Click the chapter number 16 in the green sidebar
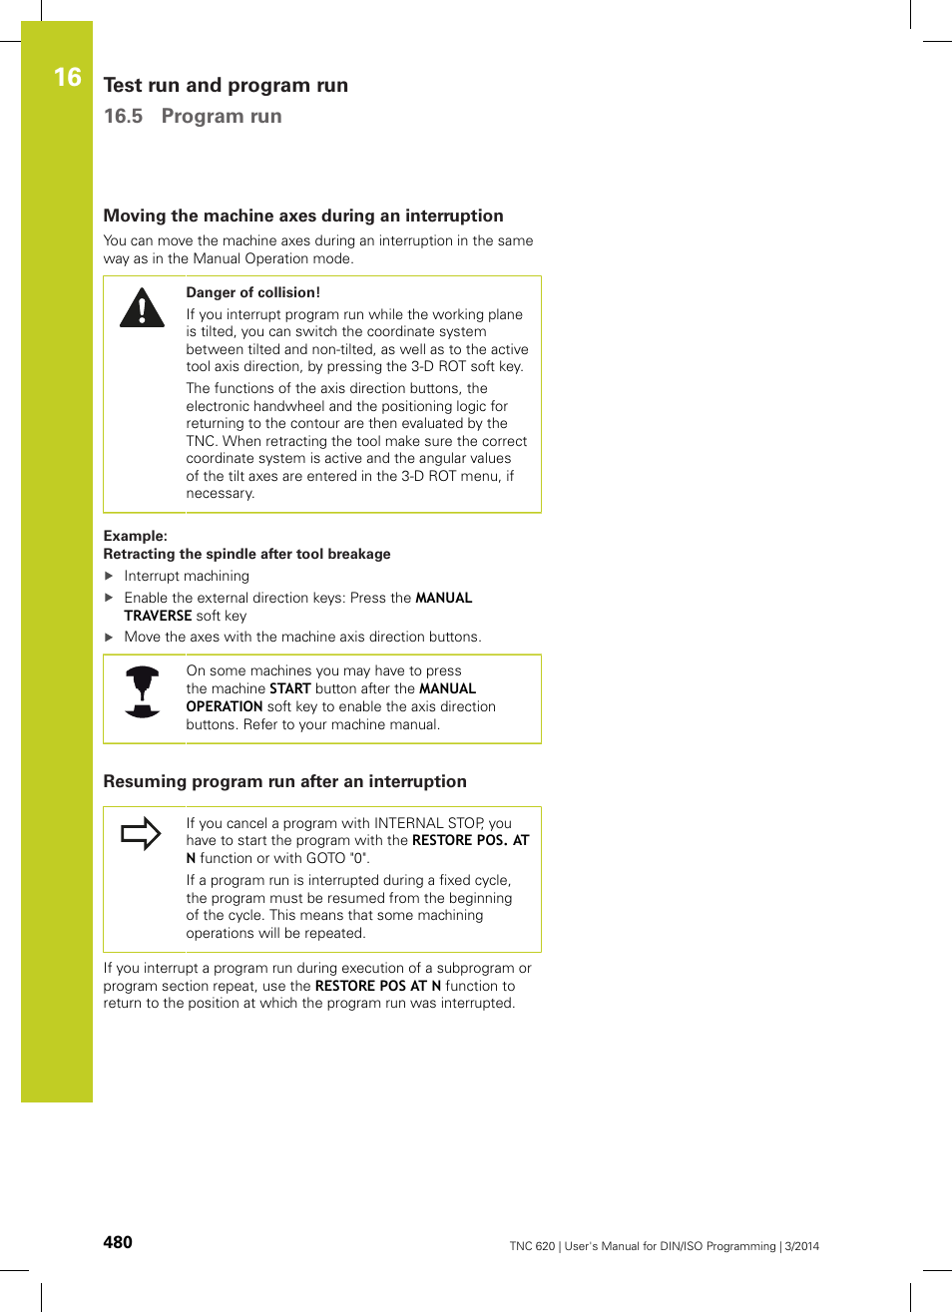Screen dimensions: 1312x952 tap(67, 77)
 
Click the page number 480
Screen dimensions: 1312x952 tap(118, 1242)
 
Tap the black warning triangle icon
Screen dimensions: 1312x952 tap(142, 309)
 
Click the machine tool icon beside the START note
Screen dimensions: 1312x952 tap(143, 692)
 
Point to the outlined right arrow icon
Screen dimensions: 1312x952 tap(141, 833)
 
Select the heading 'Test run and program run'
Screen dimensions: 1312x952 tap(226, 85)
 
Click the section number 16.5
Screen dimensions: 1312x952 tap(123, 116)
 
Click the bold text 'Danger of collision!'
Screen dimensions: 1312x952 tap(252, 292)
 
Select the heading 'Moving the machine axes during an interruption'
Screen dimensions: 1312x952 tap(303, 216)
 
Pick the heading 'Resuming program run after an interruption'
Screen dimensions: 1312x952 tap(284, 781)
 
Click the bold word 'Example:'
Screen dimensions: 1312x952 tap(135, 536)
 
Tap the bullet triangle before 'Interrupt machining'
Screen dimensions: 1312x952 tap(110, 576)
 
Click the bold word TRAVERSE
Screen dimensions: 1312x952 tap(158, 616)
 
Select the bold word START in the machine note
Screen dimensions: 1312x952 tap(289, 688)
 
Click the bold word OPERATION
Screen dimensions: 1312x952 tap(225, 706)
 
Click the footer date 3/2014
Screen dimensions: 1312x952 tap(801, 1246)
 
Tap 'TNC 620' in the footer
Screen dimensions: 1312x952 tap(532, 1246)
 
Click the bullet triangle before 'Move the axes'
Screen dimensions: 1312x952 tap(110, 637)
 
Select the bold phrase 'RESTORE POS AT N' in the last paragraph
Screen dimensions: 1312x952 tap(377, 986)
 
